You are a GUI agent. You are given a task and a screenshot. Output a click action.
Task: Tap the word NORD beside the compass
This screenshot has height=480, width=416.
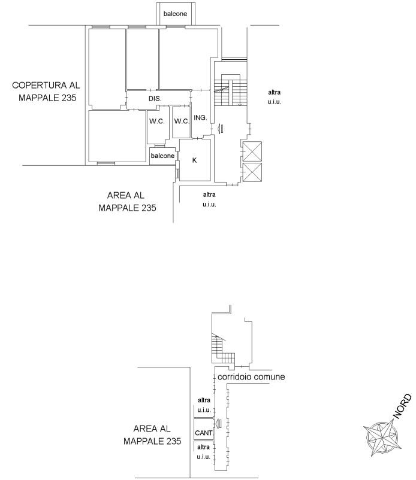pos(402,406)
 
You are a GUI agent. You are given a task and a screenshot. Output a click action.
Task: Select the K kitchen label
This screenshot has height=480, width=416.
pos(194,160)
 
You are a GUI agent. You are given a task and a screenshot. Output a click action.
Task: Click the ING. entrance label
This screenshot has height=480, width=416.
pos(200,117)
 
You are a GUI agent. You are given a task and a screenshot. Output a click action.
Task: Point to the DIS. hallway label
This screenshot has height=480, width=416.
pos(155,99)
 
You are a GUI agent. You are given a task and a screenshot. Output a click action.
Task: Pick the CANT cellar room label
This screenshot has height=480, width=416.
pos(204,433)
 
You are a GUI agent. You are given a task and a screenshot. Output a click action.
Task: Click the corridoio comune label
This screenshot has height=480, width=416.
pos(251,376)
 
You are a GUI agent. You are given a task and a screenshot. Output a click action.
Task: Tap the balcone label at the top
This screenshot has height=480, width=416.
pos(175,14)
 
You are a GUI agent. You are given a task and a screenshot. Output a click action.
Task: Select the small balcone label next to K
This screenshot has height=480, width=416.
pos(162,156)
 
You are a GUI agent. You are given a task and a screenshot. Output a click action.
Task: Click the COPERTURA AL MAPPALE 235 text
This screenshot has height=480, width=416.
pos(46,91)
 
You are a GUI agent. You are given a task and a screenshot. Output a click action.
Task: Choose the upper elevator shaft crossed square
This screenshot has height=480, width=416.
pos(252,151)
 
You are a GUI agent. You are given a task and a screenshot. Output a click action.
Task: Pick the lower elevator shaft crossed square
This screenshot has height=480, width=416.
pos(252,172)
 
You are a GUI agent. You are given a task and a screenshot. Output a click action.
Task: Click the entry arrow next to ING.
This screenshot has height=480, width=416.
pos(220,128)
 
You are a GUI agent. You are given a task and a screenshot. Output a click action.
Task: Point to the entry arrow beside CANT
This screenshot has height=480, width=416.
pos(218,423)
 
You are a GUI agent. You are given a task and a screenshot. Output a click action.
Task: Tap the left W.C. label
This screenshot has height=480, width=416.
pos(157,121)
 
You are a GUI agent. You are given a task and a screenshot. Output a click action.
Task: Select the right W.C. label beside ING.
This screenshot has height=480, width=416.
pos(182,121)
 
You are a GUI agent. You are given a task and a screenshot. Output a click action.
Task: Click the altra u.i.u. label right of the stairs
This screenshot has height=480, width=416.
pos(274,97)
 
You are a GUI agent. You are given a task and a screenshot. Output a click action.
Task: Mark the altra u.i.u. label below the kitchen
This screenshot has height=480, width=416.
pos(209,199)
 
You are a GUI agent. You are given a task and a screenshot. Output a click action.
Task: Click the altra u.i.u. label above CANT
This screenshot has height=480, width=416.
pos(204,405)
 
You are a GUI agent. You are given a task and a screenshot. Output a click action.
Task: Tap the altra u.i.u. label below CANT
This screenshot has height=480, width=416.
pos(204,452)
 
